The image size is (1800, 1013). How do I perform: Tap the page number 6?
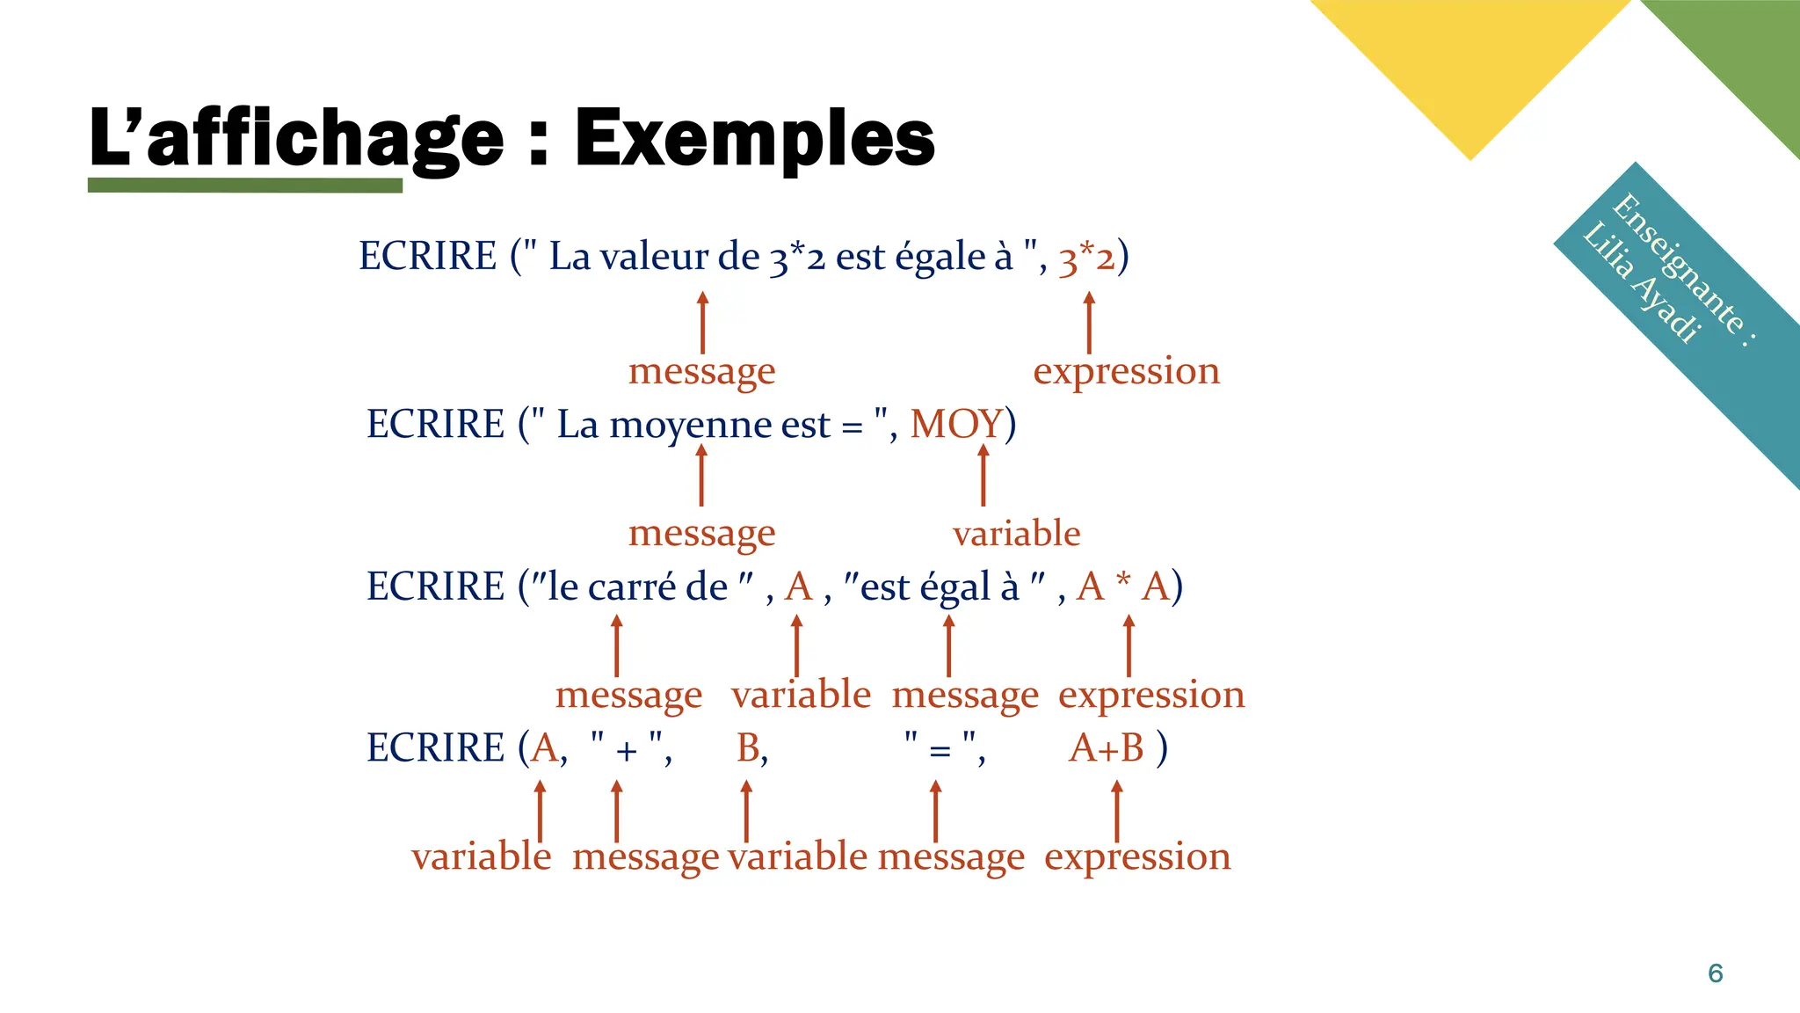(x=1715, y=973)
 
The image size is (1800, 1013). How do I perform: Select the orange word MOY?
(x=956, y=424)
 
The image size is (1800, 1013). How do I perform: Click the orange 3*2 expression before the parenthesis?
(x=1086, y=258)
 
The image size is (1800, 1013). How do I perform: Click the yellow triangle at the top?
(x=1470, y=62)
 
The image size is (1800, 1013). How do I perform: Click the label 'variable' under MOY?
(x=1016, y=533)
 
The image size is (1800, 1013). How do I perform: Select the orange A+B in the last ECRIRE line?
(x=1107, y=748)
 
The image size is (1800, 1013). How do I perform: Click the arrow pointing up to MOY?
(x=983, y=475)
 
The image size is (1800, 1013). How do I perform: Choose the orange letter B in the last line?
(x=749, y=748)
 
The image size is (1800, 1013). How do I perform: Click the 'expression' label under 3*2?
(x=1126, y=371)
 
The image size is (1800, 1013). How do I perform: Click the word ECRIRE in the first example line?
(x=428, y=257)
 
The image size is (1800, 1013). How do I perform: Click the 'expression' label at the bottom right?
(x=1137, y=856)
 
